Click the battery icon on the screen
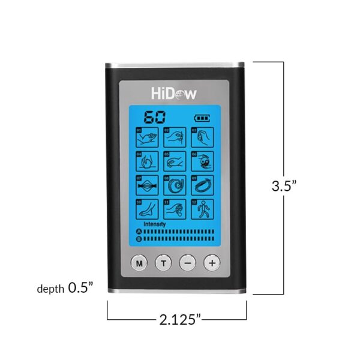[203, 118]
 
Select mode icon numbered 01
[146, 137]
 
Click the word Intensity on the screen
[155, 224]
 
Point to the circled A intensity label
[139, 231]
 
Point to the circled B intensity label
[139, 238]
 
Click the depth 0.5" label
[65, 289]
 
